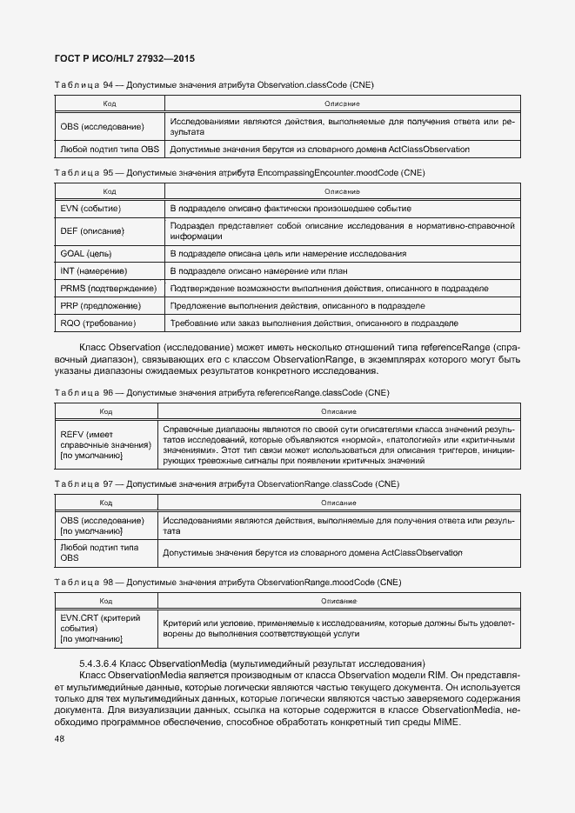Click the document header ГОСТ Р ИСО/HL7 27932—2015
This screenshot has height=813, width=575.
click(124, 58)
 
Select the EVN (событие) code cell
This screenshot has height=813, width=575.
click(90, 209)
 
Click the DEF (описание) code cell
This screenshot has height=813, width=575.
click(92, 231)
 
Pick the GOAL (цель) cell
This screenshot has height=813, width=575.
click(86, 254)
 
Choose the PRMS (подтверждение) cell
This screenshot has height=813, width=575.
click(108, 289)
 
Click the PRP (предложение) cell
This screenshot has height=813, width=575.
click(101, 306)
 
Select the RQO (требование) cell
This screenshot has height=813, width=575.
click(97, 323)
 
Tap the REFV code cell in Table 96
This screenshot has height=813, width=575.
click(105, 445)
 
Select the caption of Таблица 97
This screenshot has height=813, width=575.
click(226, 483)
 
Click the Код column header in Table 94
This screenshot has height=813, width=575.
click(110, 103)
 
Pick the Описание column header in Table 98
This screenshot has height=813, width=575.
click(338, 601)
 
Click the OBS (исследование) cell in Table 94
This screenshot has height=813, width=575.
click(102, 127)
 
